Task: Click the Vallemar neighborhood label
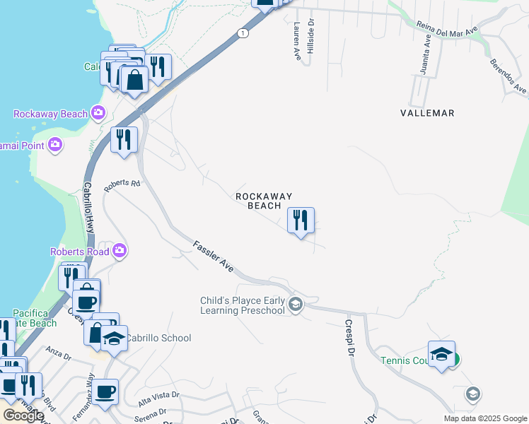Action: [x=426, y=113]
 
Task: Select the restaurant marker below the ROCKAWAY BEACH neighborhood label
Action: [x=301, y=220]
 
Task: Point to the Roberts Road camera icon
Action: [x=120, y=251]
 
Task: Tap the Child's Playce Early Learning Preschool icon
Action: [x=296, y=305]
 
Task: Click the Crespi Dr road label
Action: [x=349, y=338]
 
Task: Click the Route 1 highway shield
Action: [x=243, y=33]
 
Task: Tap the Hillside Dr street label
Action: [x=310, y=37]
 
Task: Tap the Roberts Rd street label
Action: [x=122, y=184]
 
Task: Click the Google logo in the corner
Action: [x=23, y=416]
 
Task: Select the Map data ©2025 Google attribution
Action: [x=486, y=418]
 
